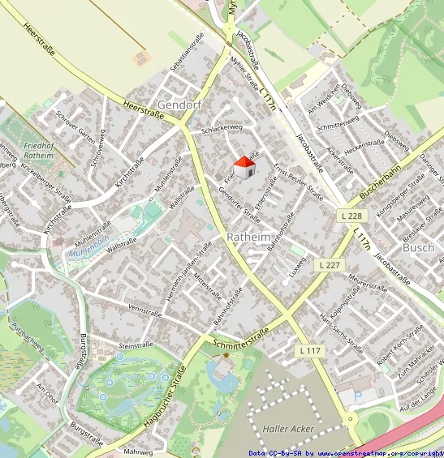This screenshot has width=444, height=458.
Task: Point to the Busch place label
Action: coord(418,247)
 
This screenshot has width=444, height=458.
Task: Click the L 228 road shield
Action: coord(350,215)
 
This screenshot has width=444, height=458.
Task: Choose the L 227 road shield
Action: coord(330,265)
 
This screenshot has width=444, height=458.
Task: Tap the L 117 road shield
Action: coord(309,350)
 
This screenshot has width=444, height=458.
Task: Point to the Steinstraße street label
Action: coord(136,345)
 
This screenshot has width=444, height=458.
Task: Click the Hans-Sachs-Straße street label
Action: coord(341,331)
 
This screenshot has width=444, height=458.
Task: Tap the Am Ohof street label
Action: coord(48,393)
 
